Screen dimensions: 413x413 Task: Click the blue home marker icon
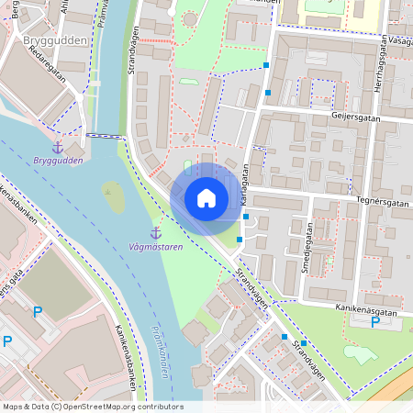coord(206,198)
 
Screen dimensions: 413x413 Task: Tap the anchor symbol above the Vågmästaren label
coord(155,233)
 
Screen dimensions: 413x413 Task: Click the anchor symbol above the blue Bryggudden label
coord(57,147)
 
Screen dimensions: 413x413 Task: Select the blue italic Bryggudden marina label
coord(57,161)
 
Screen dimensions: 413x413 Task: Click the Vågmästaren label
coord(155,248)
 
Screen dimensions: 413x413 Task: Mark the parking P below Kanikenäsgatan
coord(374,323)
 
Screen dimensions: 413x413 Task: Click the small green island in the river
coord(113,195)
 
